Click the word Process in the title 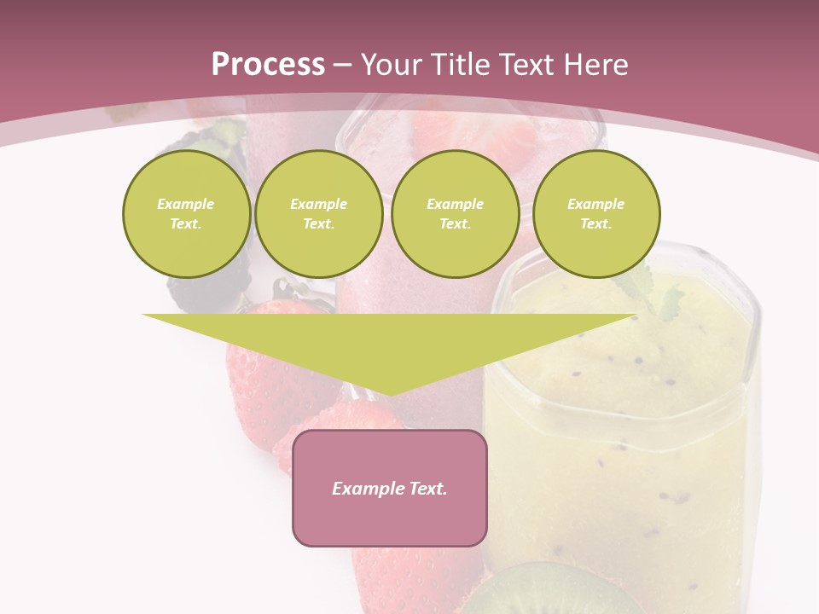[x=268, y=65]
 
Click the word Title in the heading [x=462, y=65]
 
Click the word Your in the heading [x=394, y=65]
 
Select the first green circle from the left [x=186, y=214]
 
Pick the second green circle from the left [x=319, y=214]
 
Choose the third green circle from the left [x=456, y=214]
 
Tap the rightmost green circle [x=596, y=214]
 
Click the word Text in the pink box [x=429, y=489]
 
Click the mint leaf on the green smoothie [x=657, y=294]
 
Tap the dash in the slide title [x=342, y=65]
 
